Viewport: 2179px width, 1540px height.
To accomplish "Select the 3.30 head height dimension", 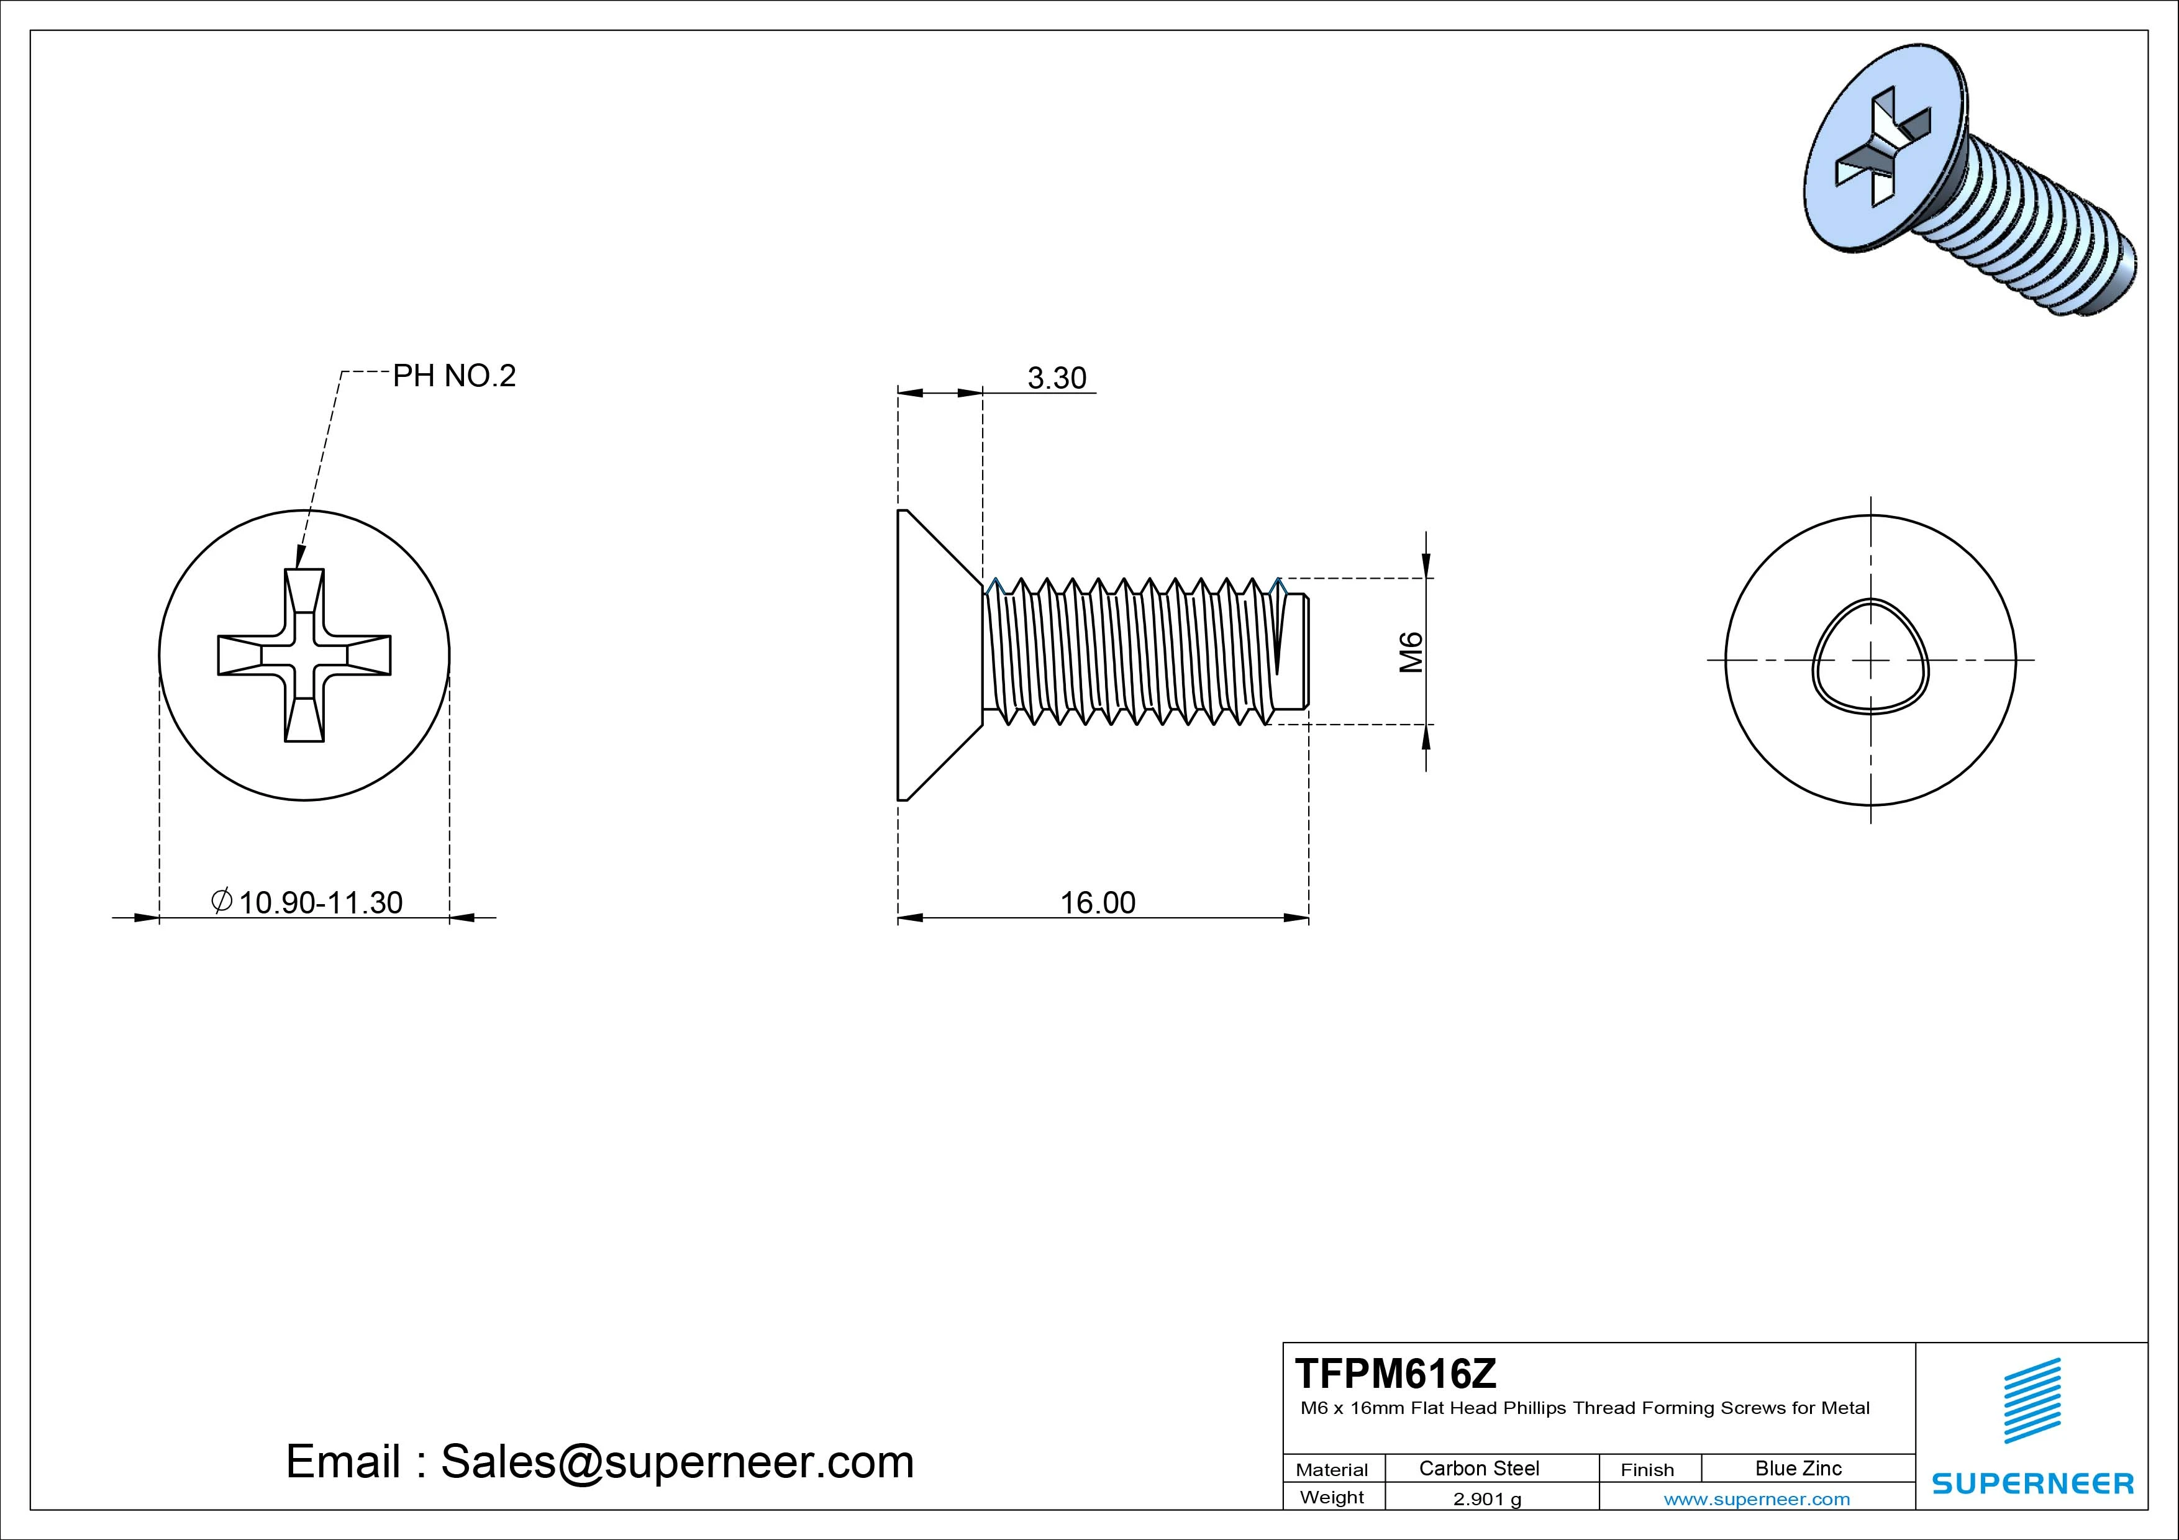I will tap(1057, 379).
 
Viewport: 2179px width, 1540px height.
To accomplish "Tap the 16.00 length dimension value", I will tap(1097, 902).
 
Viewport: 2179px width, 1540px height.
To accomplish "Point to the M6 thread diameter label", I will tap(1411, 652).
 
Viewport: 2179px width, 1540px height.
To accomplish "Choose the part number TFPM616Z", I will tap(1395, 1373).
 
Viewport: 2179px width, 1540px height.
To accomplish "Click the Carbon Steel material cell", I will tap(1478, 1468).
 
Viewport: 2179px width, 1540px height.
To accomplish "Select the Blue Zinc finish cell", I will tap(1798, 1468).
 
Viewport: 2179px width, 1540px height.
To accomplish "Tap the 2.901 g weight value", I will tap(1487, 1499).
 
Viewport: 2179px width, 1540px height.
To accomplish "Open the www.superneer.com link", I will tap(1757, 1499).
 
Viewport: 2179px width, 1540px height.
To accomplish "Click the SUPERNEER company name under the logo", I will tap(2033, 1483).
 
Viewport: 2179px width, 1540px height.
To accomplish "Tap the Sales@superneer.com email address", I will tap(676, 1461).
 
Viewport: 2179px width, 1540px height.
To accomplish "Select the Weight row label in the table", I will tap(1332, 1497).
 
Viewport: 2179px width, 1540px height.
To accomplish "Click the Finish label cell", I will tap(1647, 1469).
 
